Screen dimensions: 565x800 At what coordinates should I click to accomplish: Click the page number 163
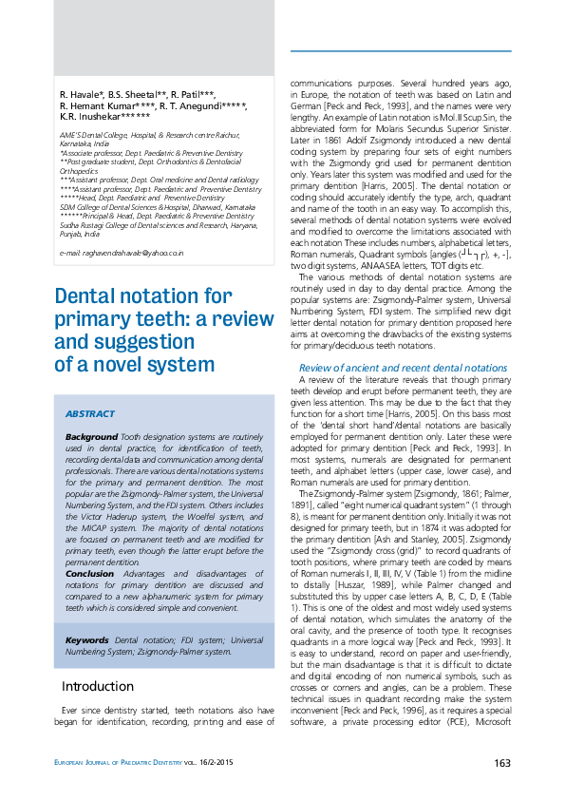(x=502, y=763)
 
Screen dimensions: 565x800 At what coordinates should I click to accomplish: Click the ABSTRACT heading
(x=89, y=414)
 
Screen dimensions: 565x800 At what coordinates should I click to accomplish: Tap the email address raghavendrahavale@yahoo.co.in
(x=122, y=254)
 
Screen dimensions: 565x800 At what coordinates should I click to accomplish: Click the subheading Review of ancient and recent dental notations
(x=403, y=367)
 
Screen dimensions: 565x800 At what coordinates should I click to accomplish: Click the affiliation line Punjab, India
(x=79, y=233)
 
